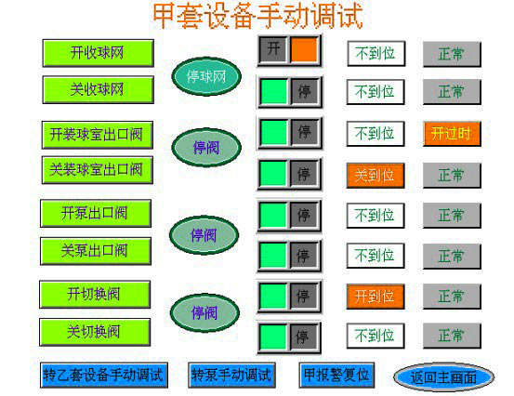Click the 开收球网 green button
[98, 53]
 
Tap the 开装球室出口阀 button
[97, 135]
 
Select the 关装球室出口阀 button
[97, 170]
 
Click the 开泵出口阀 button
[96, 214]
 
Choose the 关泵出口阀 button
[96, 251]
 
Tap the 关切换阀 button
[95, 332]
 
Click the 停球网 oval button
[206, 77]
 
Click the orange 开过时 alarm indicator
[452, 134]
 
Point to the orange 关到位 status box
[376, 176]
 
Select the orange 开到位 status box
[376, 297]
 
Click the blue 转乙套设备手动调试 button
[104, 375]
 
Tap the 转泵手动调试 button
[231, 375]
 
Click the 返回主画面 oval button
[443, 377]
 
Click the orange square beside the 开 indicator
[304, 49]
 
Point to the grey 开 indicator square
[273, 49]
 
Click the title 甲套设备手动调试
[258, 16]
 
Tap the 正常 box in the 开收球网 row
[452, 54]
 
